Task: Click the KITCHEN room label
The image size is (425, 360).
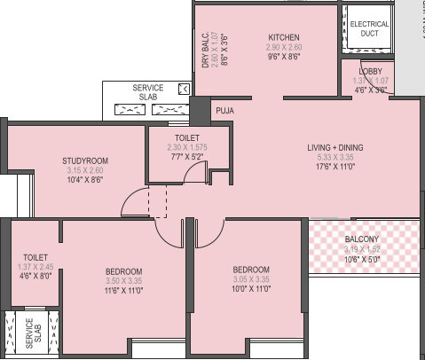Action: pyautogui.click(x=285, y=37)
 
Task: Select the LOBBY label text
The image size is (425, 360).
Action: pyautogui.click(x=371, y=71)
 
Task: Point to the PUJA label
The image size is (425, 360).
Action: pyautogui.click(x=224, y=111)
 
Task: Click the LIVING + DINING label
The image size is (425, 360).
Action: pyautogui.click(x=335, y=147)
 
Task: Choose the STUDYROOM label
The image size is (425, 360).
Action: pyautogui.click(x=85, y=160)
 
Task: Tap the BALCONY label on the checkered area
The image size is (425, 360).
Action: pyautogui.click(x=362, y=239)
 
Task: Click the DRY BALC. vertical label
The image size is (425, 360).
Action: pyautogui.click(x=205, y=51)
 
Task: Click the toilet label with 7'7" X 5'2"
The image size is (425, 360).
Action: pyautogui.click(x=186, y=138)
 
